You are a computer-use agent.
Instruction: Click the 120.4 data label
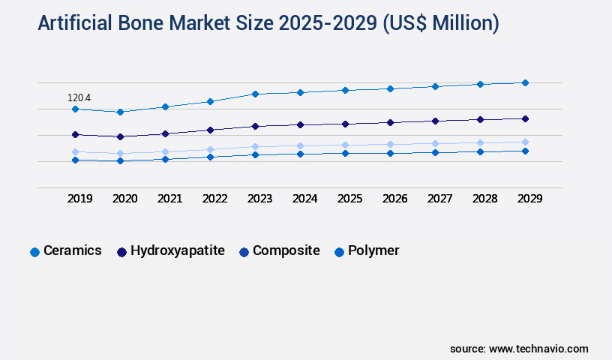79,97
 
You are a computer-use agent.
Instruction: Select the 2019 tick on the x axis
80,199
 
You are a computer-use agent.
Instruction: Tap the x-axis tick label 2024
305,199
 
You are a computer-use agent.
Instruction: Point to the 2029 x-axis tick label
529,199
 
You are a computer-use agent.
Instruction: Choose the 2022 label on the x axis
215,199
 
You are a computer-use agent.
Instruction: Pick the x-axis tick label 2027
439,199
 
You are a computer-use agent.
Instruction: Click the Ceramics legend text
73,251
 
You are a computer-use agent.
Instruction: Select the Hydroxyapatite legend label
178,251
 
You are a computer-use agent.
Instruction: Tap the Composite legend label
286,251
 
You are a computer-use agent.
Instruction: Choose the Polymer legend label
373,251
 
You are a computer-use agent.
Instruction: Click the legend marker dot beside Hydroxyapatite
121,252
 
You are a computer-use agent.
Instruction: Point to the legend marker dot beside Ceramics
34,252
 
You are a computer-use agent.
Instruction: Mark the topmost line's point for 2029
525,82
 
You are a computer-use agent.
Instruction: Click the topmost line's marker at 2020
120,112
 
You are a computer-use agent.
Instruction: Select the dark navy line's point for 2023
255,126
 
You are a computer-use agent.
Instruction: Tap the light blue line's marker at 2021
165,151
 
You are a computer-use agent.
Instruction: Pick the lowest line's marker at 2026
390,153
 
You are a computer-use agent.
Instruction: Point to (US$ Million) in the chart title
441,23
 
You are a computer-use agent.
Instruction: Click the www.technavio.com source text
538,349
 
